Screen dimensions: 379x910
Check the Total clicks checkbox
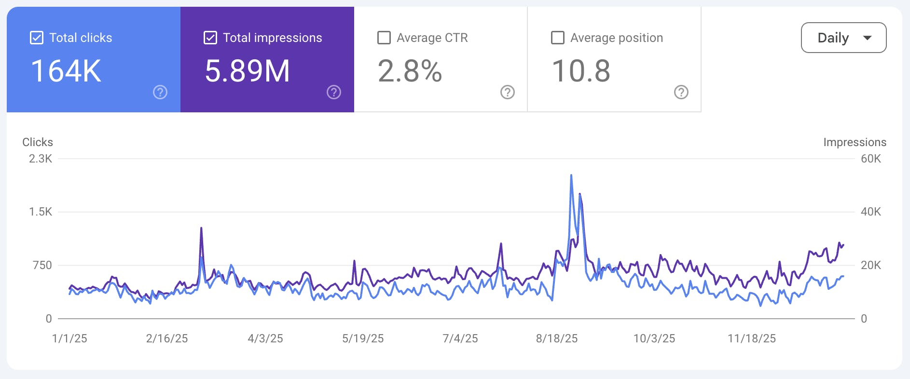click(x=37, y=38)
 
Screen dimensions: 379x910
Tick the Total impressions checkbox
click(x=210, y=38)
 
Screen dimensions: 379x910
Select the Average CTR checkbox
click(x=384, y=38)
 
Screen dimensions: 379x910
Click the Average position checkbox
click(x=558, y=38)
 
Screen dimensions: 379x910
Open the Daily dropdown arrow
click(x=867, y=38)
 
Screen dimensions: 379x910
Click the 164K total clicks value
click(x=66, y=71)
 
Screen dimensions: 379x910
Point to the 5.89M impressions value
click(x=247, y=71)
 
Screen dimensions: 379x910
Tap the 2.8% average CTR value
click(x=410, y=71)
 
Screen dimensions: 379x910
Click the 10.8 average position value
click(x=581, y=71)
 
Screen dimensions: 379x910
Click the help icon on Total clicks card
click(x=160, y=92)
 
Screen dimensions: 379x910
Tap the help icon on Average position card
click(x=681, y=92)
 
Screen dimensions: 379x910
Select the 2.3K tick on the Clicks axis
click(x=41, y=159)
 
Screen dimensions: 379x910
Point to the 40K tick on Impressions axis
click(x=871, y=212)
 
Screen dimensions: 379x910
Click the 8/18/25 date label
click(x=557, y=338)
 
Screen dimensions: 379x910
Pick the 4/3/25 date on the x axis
click(x=265, y=338)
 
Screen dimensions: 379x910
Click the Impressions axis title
click(x=855, y=142)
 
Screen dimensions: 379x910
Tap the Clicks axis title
click(x=38, y=142)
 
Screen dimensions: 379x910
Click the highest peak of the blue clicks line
click(x=571, y=176)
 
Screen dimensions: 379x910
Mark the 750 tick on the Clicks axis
click(x=42, y=265)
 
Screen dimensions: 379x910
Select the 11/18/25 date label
click(x=752, y=338)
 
